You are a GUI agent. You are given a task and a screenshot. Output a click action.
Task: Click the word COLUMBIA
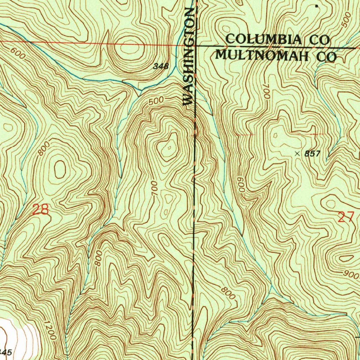(x=264, y=39)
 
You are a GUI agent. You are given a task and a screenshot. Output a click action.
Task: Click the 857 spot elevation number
(x=312, y=154)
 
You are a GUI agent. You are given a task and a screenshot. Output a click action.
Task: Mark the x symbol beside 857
(x=298, y=153)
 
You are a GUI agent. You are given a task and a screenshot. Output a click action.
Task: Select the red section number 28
(x=40, y=210)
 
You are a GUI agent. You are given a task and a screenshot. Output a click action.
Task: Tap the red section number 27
(x=346, y=217)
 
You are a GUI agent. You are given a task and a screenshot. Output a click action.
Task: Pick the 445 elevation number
(x=6, y=352)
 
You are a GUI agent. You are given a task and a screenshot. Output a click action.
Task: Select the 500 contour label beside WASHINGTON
(x=156, y=101)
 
